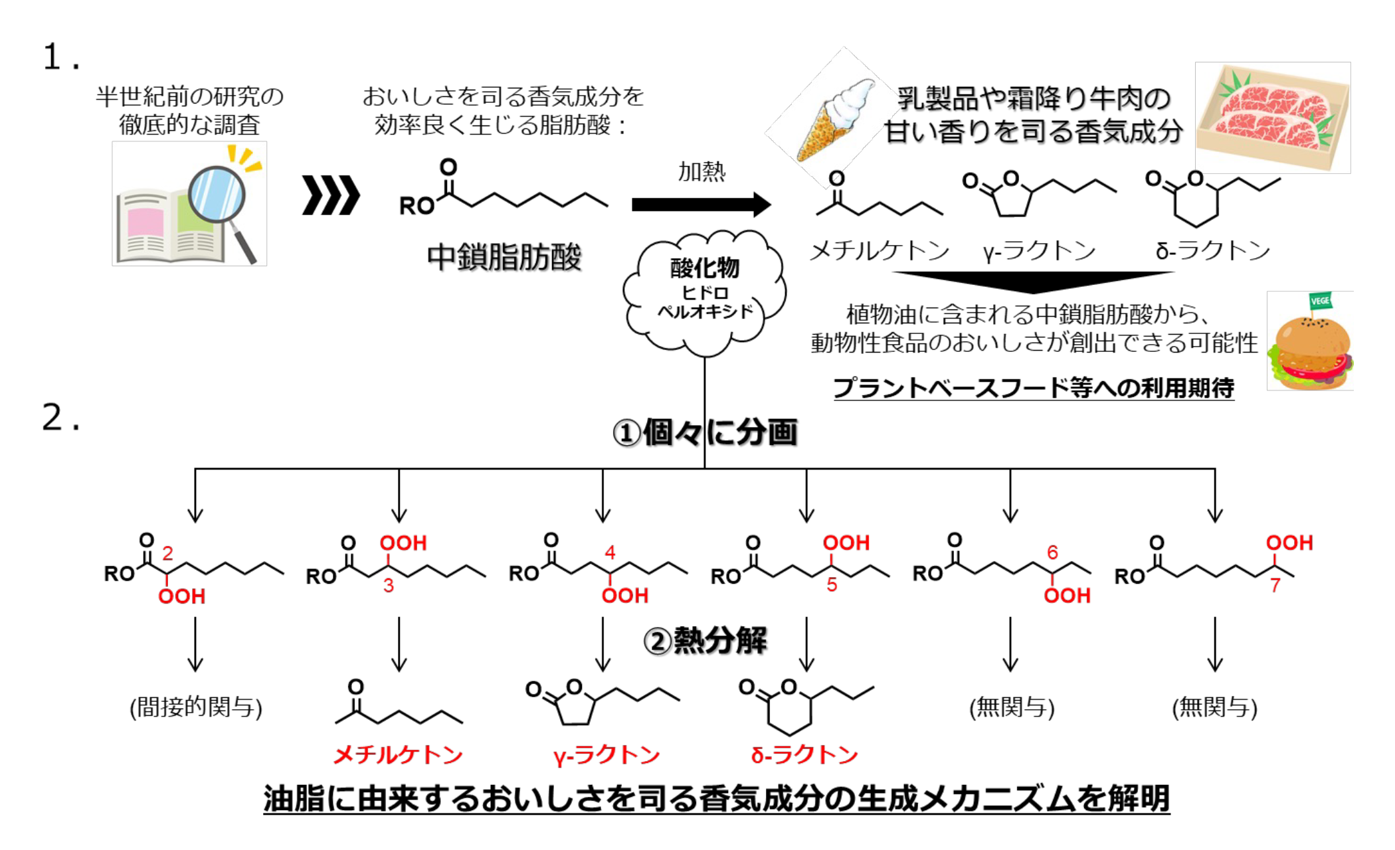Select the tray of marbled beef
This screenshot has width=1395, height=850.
(1272, 118)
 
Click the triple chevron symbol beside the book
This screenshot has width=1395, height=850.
(331, 195)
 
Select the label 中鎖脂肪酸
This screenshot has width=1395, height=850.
(504, 257)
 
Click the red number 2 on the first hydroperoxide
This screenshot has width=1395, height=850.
(167, 552)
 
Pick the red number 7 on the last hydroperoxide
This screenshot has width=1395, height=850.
(1275, 585)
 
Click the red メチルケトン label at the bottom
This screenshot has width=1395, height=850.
(398, 755)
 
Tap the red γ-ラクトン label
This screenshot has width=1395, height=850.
(606, 755)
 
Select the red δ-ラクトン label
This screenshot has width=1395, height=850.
(804, 755)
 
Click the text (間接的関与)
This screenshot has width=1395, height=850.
(195, 707)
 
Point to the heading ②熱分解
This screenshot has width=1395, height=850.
(705, 641)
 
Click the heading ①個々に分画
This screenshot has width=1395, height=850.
(705, 433)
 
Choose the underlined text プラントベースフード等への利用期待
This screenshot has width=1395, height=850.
(1034, 388)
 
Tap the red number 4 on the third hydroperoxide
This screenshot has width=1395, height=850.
(610, 552)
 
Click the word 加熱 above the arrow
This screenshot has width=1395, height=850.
(701, 172)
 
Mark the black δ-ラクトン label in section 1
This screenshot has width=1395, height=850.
(1213, 251)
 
